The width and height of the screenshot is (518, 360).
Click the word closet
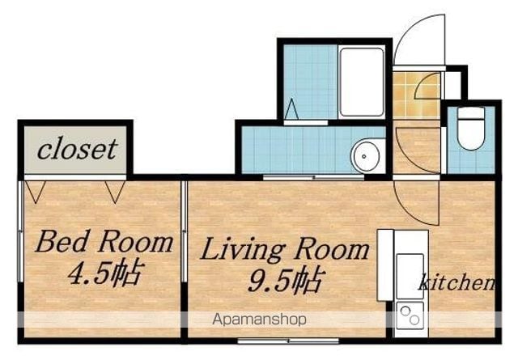[78, 149]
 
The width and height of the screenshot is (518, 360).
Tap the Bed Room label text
[104, 242]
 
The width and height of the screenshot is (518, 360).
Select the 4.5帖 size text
[106, 273]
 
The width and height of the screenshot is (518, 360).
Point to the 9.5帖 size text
[285, 280]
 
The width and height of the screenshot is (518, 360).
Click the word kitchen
[457, 282]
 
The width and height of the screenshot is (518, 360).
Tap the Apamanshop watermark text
[259, 320]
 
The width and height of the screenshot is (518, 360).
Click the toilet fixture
[471, 129]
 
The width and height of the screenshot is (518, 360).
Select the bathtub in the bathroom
[362, 82]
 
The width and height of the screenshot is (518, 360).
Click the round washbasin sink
[365, 156]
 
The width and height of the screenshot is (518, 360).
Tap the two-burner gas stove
[410, 316]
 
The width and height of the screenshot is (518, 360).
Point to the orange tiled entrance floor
[416, 95]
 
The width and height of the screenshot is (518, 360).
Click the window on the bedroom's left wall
[20, 231]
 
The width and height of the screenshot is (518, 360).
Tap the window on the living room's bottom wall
[288, 341]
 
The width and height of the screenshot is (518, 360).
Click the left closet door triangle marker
[36, 192]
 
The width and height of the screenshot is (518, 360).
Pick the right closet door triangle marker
[115, 192]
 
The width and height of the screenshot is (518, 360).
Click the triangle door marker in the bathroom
[291, 109]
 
